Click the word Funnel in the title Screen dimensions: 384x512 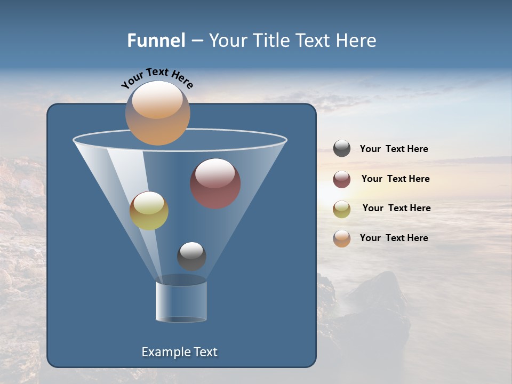pos(156,41)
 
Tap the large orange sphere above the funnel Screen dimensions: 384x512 pos(157,113)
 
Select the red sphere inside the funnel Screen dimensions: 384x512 pos(215,183)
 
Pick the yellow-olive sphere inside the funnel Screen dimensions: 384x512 pos(149,211)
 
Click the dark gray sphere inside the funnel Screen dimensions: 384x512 pos(191,256)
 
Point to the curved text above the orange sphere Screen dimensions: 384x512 pos(157,78)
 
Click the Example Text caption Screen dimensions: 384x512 pos(179,352)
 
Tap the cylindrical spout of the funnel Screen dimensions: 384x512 pos(181,302)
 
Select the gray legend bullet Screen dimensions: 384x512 pos(342,149)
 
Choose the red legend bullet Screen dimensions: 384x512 pos(342,179)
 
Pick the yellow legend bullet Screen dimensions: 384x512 pos(342,209)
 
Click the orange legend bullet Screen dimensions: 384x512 pos(342,238)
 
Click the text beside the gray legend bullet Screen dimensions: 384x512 pos(394,149)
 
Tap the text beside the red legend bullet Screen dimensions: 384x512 pos(395,179)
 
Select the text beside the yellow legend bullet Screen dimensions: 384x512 pos(396,209)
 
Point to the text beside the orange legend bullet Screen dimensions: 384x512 pos(394,238)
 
